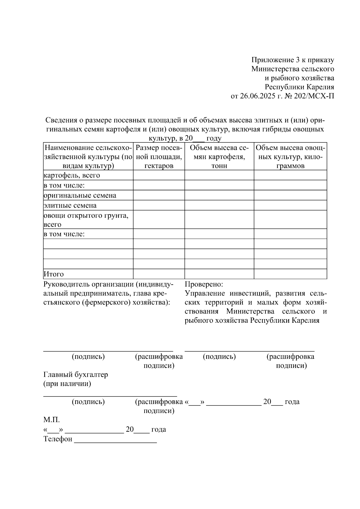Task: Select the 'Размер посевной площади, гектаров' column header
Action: pyautogui.click(x=159, y=157)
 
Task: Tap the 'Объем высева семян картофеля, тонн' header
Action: pyautogui.click(x=219, y=157)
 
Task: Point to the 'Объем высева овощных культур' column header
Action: pyautogui.click(x=290, y=157)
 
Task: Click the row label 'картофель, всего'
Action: pyautogui.click(x=72, y=175)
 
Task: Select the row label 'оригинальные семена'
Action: pyautogui.click(x=80, y=196)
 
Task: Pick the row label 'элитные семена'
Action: pyautogui.click(x=70, y=205)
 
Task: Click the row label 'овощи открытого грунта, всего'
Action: pyautogui.click(x=86, y=220)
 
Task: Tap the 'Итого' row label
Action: pyautogui.click(x=54, y=274)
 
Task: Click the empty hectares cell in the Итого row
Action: pyautogui.click(x=159, y=274)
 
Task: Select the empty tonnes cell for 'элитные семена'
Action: pyautogui.click(x=219, y=205)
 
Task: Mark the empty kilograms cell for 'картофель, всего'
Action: pyautogui.click(x=290, y=175)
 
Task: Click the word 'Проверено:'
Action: pyautogui.click(x=204, y=284)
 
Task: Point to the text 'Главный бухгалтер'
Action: pyautogui.click(x=76, y=375)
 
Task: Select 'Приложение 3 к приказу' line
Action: pyautogui.click(x=292, y=60)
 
